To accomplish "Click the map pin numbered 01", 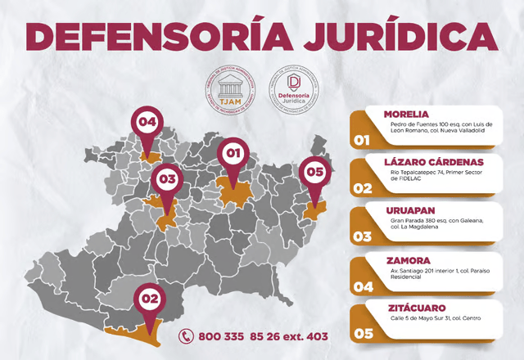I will [233, 153].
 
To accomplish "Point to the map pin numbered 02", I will [150, 299].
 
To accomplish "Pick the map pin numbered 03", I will [168, 178].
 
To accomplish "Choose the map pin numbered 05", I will [315, 173].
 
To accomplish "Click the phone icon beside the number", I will [187, 335].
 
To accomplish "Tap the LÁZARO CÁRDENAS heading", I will [440, 162].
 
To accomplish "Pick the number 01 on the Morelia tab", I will [362, 141].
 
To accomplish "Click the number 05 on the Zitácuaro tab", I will [362, 334].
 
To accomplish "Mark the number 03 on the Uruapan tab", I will [362, 237].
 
